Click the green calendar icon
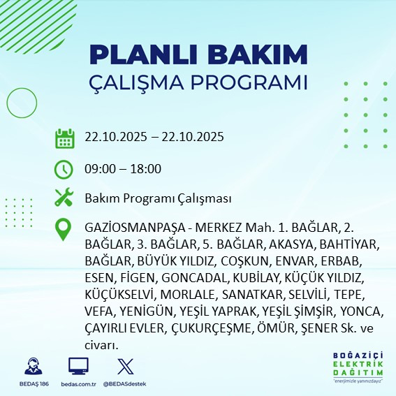click(64, 138)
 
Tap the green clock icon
click(64, 169)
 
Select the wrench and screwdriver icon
click(64, 198)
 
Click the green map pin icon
click(64, 230)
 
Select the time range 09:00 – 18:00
click(123, 169)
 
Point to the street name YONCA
click(362, 310)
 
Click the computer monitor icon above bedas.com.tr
click(78, 367)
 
